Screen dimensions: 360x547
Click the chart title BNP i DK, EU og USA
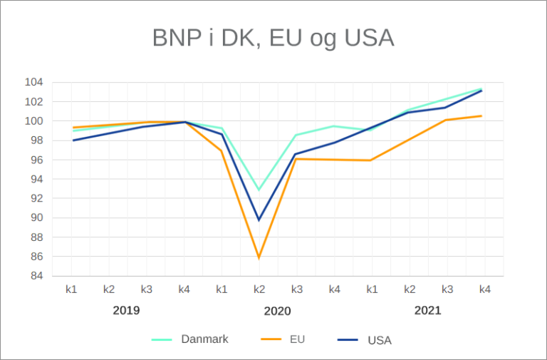[273, 38]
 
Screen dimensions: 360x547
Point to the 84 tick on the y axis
[56, 276]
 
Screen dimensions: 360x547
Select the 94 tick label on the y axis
[56, 179]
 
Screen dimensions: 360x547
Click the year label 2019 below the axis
[126, 311]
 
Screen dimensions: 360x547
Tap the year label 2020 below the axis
[277, 311]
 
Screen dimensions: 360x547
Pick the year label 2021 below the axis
[427, 311]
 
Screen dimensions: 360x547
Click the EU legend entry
[297, 339]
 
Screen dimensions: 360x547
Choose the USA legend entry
[379, 340]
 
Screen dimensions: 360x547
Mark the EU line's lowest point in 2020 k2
[259, 257]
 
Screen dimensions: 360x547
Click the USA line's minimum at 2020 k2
[259, 220]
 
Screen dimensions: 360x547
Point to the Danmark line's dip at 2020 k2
[259, 190]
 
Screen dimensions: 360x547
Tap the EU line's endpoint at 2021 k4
[481, 116]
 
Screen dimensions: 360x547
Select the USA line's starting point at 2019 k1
[73, 140]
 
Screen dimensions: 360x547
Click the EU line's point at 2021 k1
[370, 160]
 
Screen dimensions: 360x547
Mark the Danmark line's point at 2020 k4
[333, 126]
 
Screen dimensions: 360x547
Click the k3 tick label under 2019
[147, 289]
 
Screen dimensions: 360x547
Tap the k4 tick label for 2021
[484, 289]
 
